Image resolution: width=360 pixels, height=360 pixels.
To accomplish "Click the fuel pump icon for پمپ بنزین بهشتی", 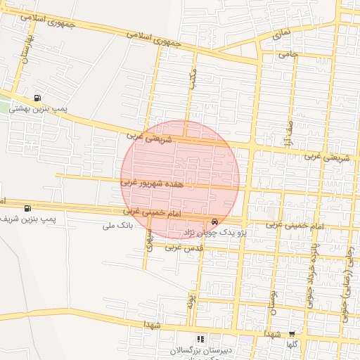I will [37, 98].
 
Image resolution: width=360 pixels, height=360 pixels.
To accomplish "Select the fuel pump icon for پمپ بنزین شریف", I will [27, 207].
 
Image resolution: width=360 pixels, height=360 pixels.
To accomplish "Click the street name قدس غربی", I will [184, 247].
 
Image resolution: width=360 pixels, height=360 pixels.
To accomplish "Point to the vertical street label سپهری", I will [149, 242].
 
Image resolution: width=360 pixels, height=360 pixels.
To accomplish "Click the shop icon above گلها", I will [291, 335].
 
